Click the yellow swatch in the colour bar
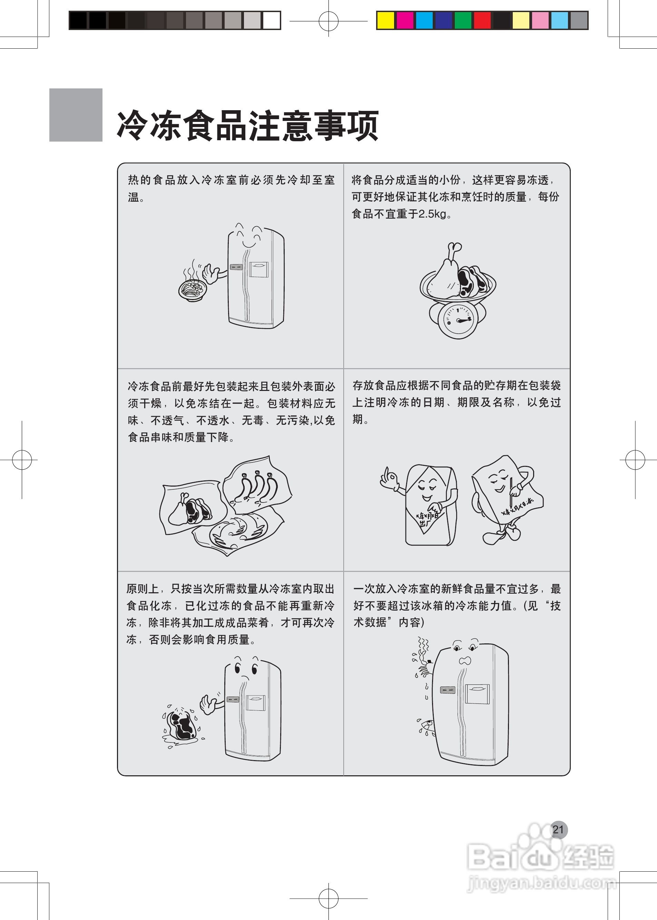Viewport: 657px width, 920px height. (385, 20)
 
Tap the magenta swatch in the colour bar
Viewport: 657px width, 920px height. (404, 20)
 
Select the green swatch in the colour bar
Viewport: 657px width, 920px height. (463, 20)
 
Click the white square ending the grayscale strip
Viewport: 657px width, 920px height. (272, 20)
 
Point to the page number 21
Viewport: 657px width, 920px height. (558, 830)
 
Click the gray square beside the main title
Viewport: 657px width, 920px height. (76, 115)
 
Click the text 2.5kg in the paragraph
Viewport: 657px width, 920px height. (432, 214)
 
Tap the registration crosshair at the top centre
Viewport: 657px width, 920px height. (328, 21)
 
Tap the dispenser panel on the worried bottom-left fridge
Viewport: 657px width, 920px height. (256, 702)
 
